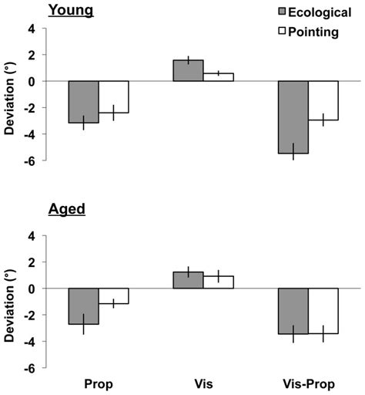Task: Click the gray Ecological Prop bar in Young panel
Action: tap(84, 102)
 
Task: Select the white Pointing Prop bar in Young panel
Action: tap(113, 97)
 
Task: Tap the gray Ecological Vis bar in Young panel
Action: tap(188, 71)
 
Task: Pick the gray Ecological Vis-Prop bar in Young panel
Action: tap(293, 117)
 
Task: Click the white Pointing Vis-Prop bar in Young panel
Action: tap(323, 100)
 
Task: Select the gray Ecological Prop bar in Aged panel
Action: tap(84, 306)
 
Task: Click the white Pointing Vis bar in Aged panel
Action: tap(218, 282)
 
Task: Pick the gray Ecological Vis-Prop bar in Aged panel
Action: tap(293, 311)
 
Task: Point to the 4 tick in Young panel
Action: tap(31, 29)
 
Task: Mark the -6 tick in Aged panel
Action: tap(28, 368)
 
